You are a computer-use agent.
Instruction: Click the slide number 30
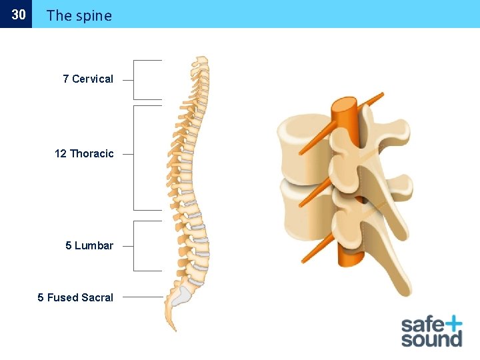pos(19,14)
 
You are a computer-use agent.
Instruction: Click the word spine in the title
pos(93,15)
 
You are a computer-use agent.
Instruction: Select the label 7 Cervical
pos(88,79)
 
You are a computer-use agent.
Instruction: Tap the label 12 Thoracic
pos(84,153)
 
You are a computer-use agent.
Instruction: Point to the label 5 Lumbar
pos(89,245)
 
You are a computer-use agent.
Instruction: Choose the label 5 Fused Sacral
pos(75,297)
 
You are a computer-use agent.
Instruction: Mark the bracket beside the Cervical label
pos(135,79)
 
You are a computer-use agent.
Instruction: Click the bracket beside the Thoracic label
pos(135,157)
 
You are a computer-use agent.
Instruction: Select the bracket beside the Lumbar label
pos(135,245)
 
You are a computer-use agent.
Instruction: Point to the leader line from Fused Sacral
pos(143,297)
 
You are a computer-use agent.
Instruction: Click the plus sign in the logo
pos(451,324)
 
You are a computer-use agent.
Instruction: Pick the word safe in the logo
pos(421,325)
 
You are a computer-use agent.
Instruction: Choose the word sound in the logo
pos(431,339)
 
